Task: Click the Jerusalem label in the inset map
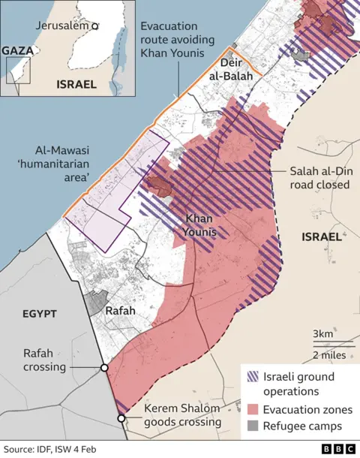(x=61, y=26)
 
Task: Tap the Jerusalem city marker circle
(x=94, y=26)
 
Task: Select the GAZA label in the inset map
(x=16, y=50)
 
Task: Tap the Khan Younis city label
(x=200, y=225)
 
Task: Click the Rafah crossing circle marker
(x=104, y=368)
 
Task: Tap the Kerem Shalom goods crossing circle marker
(x=121, y=417)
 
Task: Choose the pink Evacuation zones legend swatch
(x=251, y=408)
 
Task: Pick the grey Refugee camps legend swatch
(x=251, y=426)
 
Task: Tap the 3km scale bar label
(x=324, y=333)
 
